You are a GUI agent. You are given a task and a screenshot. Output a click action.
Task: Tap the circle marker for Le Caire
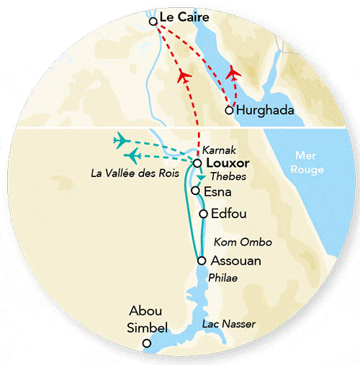(x=153, y=22)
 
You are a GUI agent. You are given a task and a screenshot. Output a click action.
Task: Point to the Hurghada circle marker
(x=229, y=110)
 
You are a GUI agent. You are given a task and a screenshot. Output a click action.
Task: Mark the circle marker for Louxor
(x=197, y=163)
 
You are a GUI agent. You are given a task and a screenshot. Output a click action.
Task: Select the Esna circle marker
(x=195, y=191)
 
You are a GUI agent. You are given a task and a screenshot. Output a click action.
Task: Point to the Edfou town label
(x=229, y=214)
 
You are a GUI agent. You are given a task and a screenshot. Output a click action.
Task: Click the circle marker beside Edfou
(x=204, y=214)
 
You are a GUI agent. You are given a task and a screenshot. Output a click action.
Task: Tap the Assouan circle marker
(x=201, y=261)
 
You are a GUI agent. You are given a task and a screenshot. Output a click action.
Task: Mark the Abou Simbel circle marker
(x=147, y=343)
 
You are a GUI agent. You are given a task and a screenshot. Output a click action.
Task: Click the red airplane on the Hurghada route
(x=233, y=73)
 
